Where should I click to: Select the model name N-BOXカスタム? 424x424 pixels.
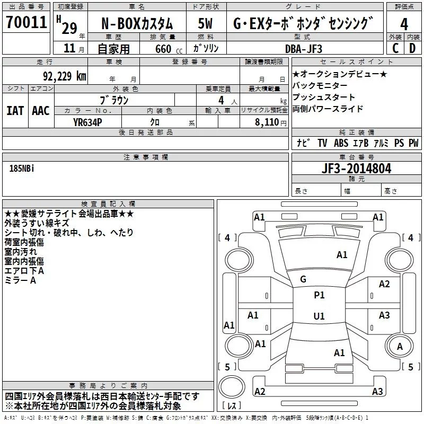137,23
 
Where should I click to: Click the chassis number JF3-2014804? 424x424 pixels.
357,169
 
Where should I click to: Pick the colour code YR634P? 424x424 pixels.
87,122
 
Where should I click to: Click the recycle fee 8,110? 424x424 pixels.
266,122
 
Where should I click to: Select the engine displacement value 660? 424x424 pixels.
161,48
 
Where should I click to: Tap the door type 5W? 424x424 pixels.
206,23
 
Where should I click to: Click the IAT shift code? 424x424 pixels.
15,110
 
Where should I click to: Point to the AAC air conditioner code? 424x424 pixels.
41,110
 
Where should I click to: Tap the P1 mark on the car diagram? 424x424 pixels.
319,295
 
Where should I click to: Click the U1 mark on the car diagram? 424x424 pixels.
319,316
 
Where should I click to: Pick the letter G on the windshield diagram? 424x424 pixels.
303,279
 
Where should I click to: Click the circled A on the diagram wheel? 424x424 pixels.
400,346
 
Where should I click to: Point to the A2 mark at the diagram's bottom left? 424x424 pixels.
260,391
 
